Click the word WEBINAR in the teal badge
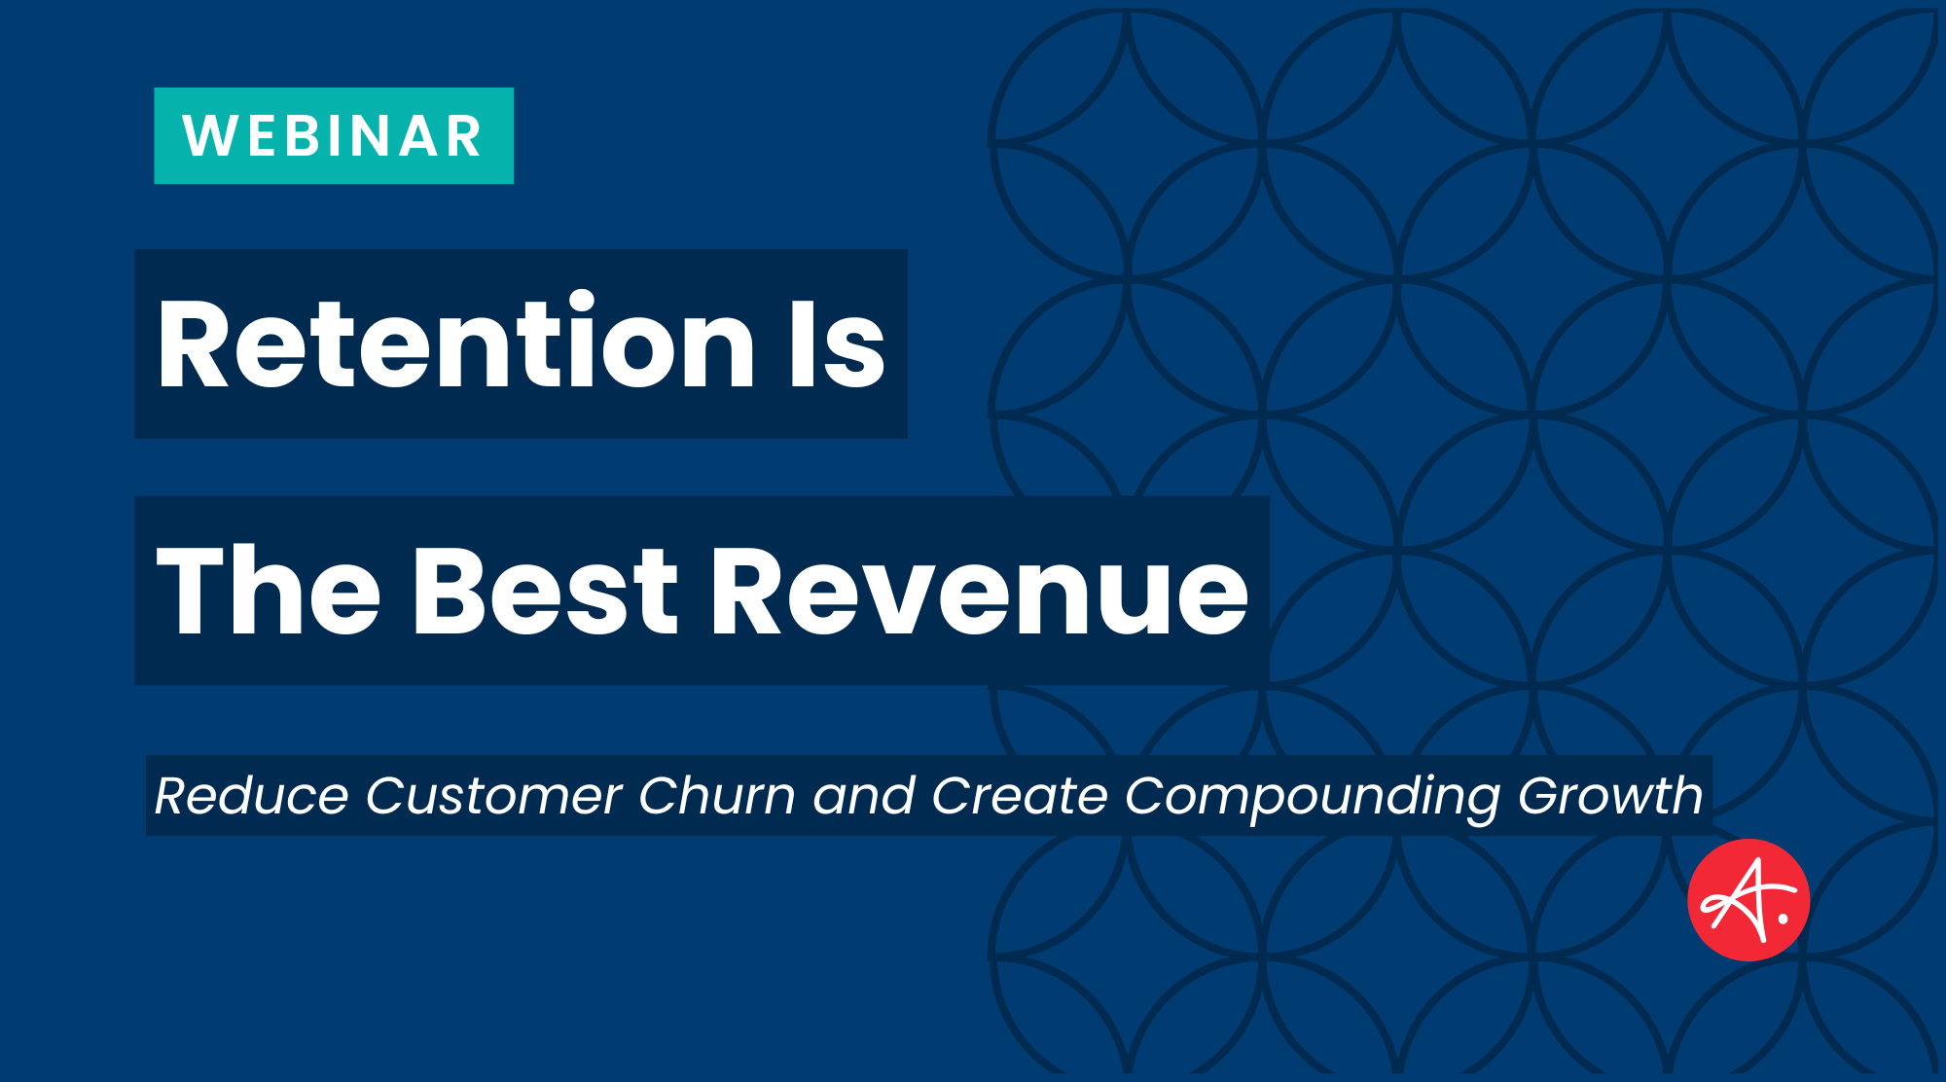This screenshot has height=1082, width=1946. coord(333,136)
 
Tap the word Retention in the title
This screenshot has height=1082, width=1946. coord(455,343)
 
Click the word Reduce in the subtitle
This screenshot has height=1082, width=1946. coord(251,796)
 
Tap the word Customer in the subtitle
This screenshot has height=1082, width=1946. coord(493,796)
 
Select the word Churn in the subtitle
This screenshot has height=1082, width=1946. coord(717,796)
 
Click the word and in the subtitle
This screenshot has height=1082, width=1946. coord(864,796)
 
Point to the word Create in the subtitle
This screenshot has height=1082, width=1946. coord(1019,796)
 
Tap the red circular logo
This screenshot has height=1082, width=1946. coord(1748,900)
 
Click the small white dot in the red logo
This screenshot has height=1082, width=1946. coord(1784,918)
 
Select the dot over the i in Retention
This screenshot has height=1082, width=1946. coord(582,301)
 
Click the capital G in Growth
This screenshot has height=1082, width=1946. coord(1543,796)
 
